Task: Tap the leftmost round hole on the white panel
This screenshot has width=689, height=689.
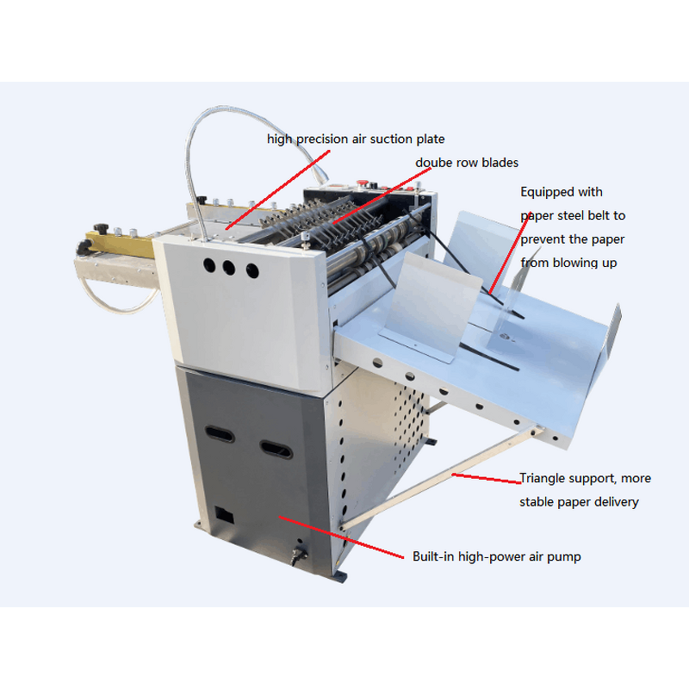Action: coord(208,265)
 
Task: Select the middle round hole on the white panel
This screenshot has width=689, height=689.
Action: coord(229,268)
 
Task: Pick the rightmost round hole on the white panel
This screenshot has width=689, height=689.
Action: coord(251,271)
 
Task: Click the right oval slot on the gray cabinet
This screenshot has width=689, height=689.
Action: coord(276,448)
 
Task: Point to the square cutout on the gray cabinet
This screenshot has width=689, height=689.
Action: coord(224,515)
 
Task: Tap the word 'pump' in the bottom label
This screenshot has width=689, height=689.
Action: coord(566,557)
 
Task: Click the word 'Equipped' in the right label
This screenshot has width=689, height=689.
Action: coord(547,192)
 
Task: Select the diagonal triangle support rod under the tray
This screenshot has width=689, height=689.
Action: coord(439,478)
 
